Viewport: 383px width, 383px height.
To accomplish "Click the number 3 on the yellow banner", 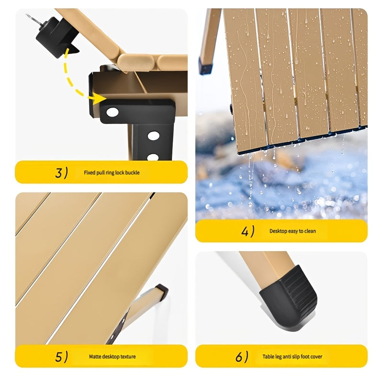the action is (x=58, y=173).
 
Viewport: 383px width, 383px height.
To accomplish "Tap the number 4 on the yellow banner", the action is (x=245, y=231).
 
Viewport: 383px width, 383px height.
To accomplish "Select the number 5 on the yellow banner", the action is (x=58, y=357).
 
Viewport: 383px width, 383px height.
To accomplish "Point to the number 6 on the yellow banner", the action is (x=239, y=357).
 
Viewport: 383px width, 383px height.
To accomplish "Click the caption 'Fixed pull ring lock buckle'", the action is (x=112, y=173).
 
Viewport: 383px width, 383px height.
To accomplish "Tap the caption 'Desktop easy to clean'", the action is (x=293, y=231).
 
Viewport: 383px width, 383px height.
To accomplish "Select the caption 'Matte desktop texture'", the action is (x=112, y=357).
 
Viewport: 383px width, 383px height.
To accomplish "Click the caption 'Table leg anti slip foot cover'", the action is (x=292, y=357).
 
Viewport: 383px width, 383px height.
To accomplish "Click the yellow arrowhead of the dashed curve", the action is (x=99, y=99).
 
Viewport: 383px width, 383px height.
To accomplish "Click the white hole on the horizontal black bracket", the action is (x=113, y=112).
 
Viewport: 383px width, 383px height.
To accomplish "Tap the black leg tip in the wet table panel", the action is (x=205, y=66).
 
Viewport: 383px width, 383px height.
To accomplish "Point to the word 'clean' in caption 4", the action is (x=310, y=231).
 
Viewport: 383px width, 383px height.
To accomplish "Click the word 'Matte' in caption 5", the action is (x=95, y=357).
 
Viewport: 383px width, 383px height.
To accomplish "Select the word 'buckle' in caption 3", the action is (x=133, y=173).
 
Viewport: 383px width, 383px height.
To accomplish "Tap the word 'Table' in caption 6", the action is (x=269, y=357).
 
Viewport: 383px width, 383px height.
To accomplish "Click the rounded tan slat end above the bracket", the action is (x=136, y=62).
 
